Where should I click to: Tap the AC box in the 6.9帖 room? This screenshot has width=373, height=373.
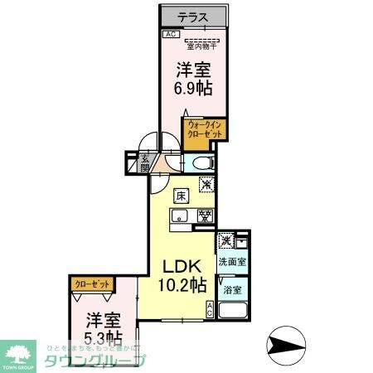coord(170,34)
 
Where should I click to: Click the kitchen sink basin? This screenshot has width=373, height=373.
coord(182,217)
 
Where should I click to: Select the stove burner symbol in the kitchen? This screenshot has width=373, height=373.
coord(203,217)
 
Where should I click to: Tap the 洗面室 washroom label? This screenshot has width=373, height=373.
coord(233,262)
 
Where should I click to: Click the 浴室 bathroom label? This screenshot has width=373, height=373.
coord(233,289)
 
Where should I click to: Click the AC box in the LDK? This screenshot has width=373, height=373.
coord(210,309)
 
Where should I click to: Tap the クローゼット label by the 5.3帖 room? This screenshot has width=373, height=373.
coord(92,284)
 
